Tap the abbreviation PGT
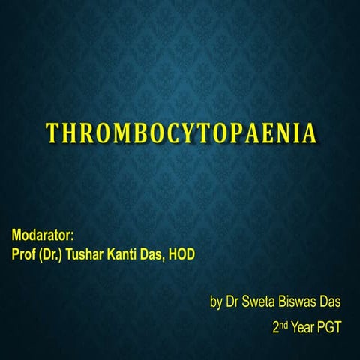(332, 328)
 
